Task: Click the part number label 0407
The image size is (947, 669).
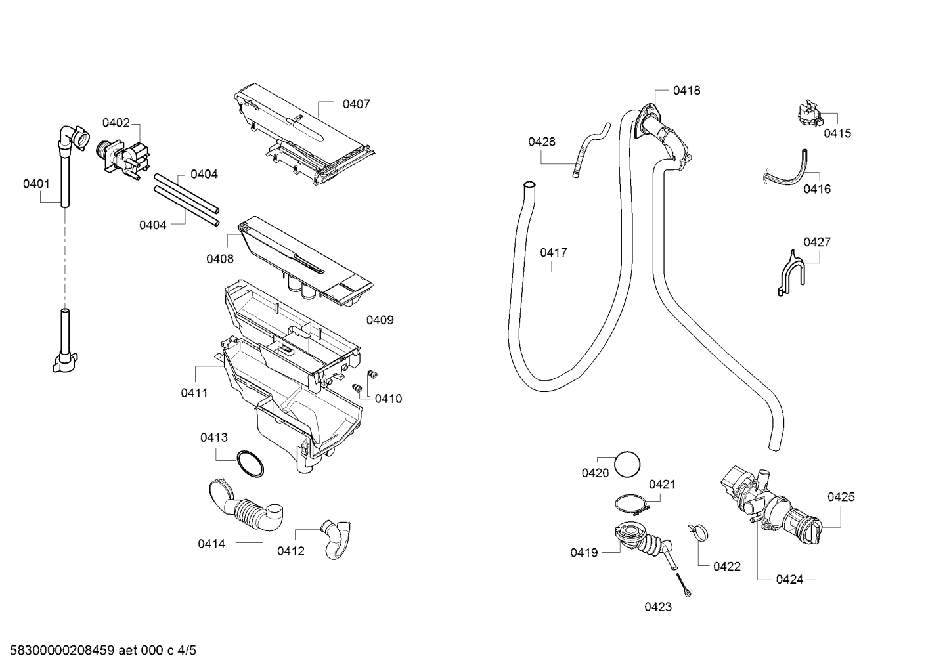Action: [356, 104]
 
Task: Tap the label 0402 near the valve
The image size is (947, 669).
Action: [116, 123]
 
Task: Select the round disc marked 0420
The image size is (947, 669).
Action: [627, 464]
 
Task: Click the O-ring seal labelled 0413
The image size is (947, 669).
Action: [250, 464]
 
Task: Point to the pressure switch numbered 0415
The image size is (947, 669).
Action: [808, 114]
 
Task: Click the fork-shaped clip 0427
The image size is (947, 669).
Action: [792, 274]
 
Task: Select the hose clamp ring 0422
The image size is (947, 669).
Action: [698, 532]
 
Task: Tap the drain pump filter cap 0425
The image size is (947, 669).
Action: [805, 527]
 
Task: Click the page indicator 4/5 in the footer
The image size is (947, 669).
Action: [187, 651]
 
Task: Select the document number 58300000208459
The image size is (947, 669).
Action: [62, 651]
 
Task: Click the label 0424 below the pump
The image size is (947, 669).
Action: [789, 580]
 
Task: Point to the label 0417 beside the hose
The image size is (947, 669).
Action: [554, 253]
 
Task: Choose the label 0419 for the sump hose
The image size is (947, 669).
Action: [584, 553]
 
